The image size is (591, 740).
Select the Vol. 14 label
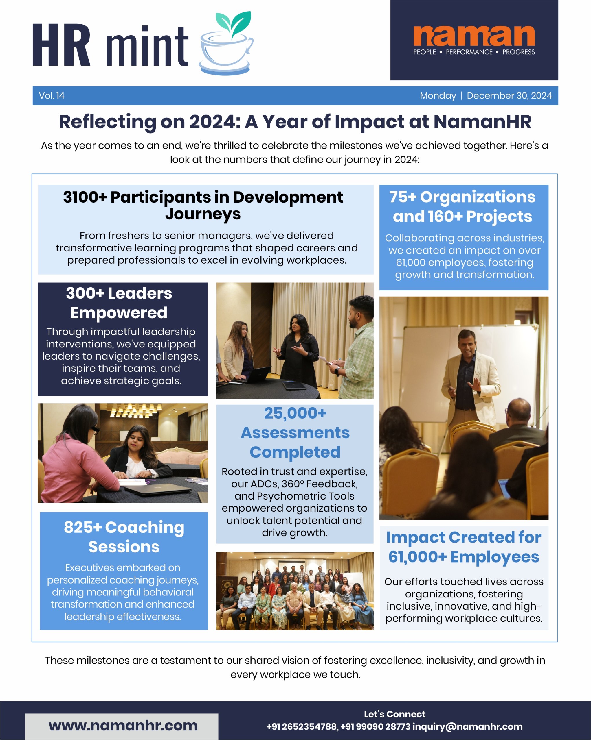click(52, 95)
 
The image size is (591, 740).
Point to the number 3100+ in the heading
click(85, 197)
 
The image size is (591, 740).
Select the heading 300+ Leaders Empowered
click(119, 303)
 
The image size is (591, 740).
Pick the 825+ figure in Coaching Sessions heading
click(82, 528)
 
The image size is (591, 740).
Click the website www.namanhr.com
click(123, 726)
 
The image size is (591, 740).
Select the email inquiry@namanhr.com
click(467, 727)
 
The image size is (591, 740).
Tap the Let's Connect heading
click(394, 714)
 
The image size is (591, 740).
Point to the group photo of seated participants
click(295, 591)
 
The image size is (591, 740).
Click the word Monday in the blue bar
click(438, 95)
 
